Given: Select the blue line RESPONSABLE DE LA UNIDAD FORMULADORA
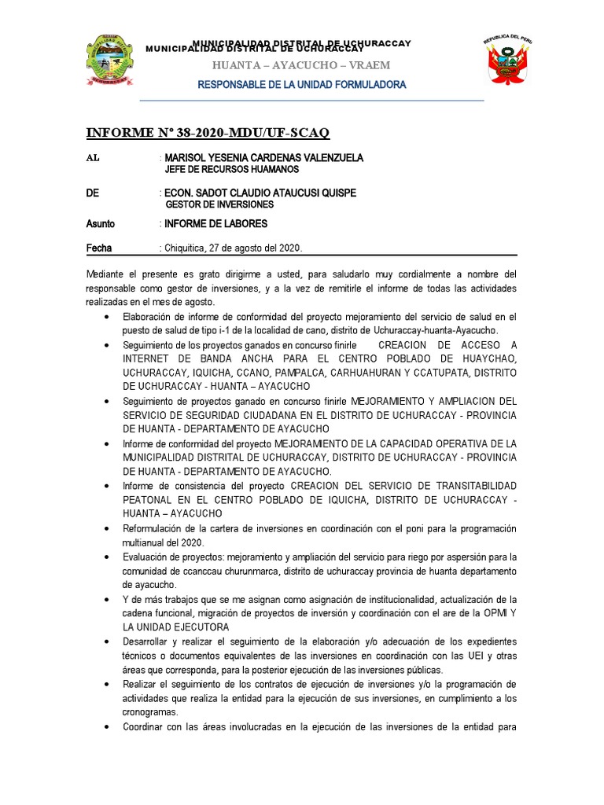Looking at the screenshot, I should (301, 84).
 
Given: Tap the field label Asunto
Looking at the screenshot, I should (100, 224).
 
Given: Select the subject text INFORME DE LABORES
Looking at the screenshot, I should (215, 224).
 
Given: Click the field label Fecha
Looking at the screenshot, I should (98, 248).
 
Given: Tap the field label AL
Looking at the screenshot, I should (93, 158).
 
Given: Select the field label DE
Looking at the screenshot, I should (93, 193).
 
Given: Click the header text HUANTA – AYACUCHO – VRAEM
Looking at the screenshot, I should (301, 64).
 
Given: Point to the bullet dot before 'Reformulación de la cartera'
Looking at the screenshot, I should (107, 528).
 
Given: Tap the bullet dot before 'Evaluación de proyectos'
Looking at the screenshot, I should (107, 557).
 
